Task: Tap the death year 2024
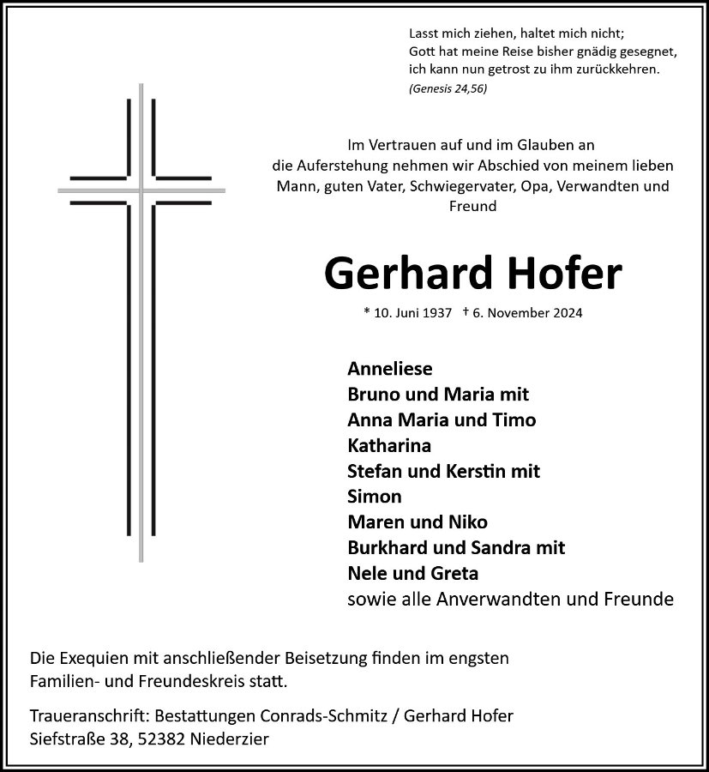click(564, 313)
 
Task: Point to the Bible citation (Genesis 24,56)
click(448, 89)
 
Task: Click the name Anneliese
click(390, 369)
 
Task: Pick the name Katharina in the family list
click(389, 445)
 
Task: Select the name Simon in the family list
click(375, 496)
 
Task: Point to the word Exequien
click(92, 658)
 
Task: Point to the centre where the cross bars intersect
click(141, 189)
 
